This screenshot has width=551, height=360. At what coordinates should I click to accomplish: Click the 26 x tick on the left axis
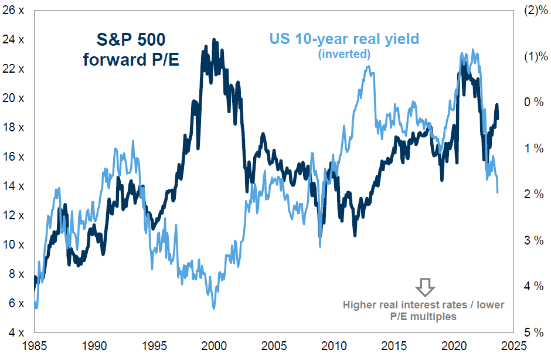pyautogui.click(x=12, y=11)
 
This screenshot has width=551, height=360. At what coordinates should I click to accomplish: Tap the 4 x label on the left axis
pyautogui.click(x=15, y=332)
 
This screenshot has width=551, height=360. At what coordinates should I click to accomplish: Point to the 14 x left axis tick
pyautogui.click(x=12, y=186)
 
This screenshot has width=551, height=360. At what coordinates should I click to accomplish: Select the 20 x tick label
pyautogui.click(x=12, y=99)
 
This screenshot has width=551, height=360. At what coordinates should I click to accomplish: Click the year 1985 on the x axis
pyautogui.click(x=35, y=346)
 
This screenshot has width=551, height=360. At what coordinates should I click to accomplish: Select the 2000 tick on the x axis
pyautogui.click(x=214, y=346)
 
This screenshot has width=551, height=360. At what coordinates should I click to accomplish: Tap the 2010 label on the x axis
pyautogui.click(x=334, y=346)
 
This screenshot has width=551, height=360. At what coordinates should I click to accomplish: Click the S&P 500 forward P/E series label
pyautogui.click(x=132, y=49)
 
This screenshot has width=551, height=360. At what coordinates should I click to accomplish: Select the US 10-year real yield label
pyautogui.click(x=344, y=39)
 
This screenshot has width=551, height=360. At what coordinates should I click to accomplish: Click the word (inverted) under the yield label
pyautogui.click(x=344, y=54)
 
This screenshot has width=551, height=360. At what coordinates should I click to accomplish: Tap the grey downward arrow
pyautogui.click(x=424, y=287)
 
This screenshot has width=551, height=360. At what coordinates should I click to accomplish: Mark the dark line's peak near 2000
pyautogui.click(x=214, y=40)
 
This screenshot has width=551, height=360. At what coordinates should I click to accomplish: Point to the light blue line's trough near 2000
pyautogui.click(x=213, y=307)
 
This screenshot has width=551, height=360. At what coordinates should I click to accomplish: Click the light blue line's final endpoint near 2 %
pyautogui.click(x=498, y=192)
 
